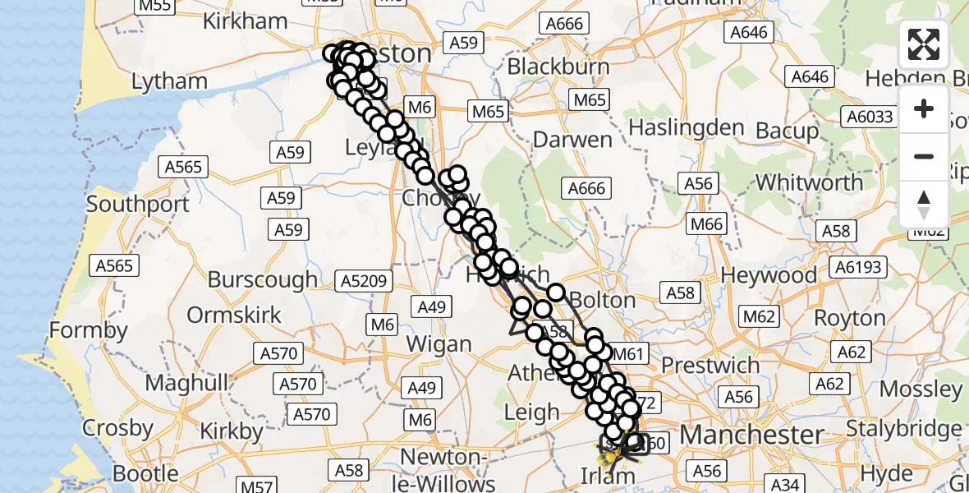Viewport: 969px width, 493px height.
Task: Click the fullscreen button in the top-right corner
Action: [x=924, y=44]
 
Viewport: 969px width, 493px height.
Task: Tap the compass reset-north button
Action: [x=924, y=203]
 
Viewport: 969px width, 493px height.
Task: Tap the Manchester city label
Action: [x=752, y=433]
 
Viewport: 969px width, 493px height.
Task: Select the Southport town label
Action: [x=138, y=203]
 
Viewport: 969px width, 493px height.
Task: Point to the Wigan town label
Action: [x=439, y=343]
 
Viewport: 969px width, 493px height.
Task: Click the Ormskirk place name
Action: [x=234, y=315]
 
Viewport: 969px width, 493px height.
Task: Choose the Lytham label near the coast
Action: [x=169, y=81]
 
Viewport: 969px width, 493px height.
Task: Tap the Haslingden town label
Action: [x=686, y=128]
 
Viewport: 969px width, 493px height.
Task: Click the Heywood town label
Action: [x=769, y=276]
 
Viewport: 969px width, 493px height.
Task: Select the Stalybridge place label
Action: [x=916, y=428]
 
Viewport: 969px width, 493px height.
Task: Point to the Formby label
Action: [x=89, y=330]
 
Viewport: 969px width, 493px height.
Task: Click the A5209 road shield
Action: [x=363, y=282]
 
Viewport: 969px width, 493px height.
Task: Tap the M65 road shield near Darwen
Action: [x=590, y=100]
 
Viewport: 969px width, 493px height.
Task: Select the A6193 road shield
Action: [x=858, y=266]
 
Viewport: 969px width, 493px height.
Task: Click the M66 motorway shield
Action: [x=706, y=224]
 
